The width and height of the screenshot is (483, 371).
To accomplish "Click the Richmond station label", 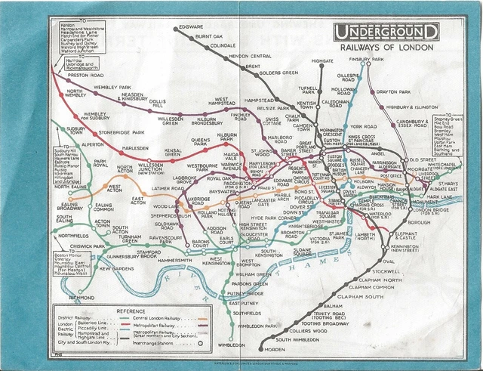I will click(x=82, y=298).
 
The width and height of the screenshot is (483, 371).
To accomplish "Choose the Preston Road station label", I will click(x=85, y=76).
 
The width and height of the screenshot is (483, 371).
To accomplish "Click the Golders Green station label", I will click(x=278, y=73).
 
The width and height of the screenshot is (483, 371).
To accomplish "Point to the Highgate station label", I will click(x=322, y=61).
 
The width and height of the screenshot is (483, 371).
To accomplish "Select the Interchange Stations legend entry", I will click(x=175, y=342).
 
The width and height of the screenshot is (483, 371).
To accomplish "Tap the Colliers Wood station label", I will click(x=308, y=331).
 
